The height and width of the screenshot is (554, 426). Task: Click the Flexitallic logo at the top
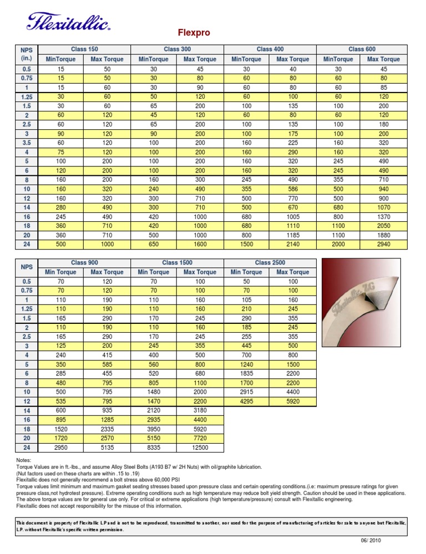pos(68,22)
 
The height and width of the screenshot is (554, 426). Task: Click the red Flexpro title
pos(194,33)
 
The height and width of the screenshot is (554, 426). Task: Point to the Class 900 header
pos(84,262)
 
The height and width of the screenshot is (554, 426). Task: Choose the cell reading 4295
pos(246,400)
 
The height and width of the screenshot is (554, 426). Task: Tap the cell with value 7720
pos(200,437)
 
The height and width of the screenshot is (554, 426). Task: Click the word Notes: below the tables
pos(25,461)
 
